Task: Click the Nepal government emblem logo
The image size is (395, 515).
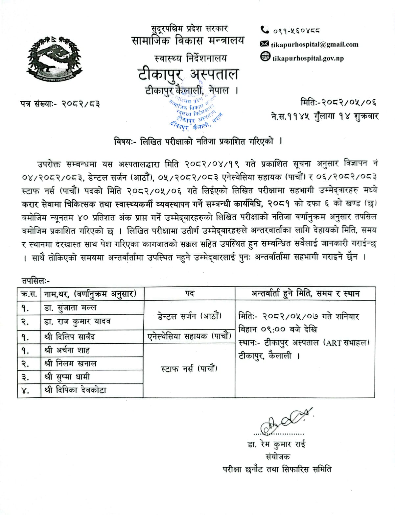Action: click(54, 59)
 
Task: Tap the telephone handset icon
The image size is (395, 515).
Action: click(265, 30)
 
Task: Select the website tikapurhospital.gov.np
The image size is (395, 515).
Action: click(308, 58)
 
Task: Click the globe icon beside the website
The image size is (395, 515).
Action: click(265, 57)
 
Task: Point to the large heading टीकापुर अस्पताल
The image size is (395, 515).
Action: click(188, 75)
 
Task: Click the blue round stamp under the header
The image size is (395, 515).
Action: click(196, 111)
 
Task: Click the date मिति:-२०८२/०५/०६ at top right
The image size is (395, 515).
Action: click(338, 102)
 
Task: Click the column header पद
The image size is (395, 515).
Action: click(190, 293)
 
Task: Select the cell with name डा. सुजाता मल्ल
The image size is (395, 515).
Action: click(71, 308)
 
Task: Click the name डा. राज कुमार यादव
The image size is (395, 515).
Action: click(78, 321)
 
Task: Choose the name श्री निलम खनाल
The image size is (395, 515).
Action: click(71, 363)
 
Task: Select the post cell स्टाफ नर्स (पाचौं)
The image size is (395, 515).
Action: click(189, 369)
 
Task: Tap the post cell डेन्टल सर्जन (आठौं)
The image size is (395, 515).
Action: click(189, 316)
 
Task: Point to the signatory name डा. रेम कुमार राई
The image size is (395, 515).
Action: click(276, 445)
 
